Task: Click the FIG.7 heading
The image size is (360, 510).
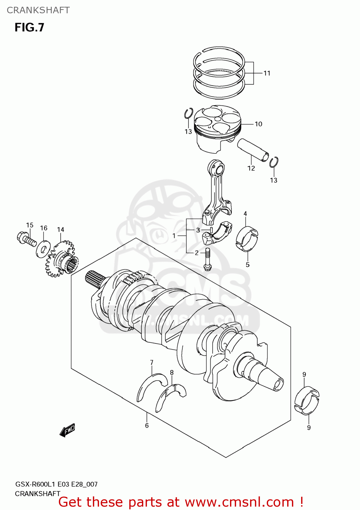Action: pos(29,28)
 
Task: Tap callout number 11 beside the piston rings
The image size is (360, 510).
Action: pos(267,73)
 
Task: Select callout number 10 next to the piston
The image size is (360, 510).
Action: pos(258,124)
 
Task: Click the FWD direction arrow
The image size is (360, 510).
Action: pos(67,430)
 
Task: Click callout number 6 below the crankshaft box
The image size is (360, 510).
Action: pos(147,425)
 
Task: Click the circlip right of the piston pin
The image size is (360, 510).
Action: pos(274,163)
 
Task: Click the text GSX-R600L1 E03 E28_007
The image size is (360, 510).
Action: pos(56,484)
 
